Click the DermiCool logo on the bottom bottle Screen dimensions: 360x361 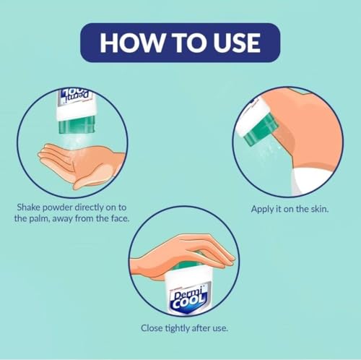tap(183, 297)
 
